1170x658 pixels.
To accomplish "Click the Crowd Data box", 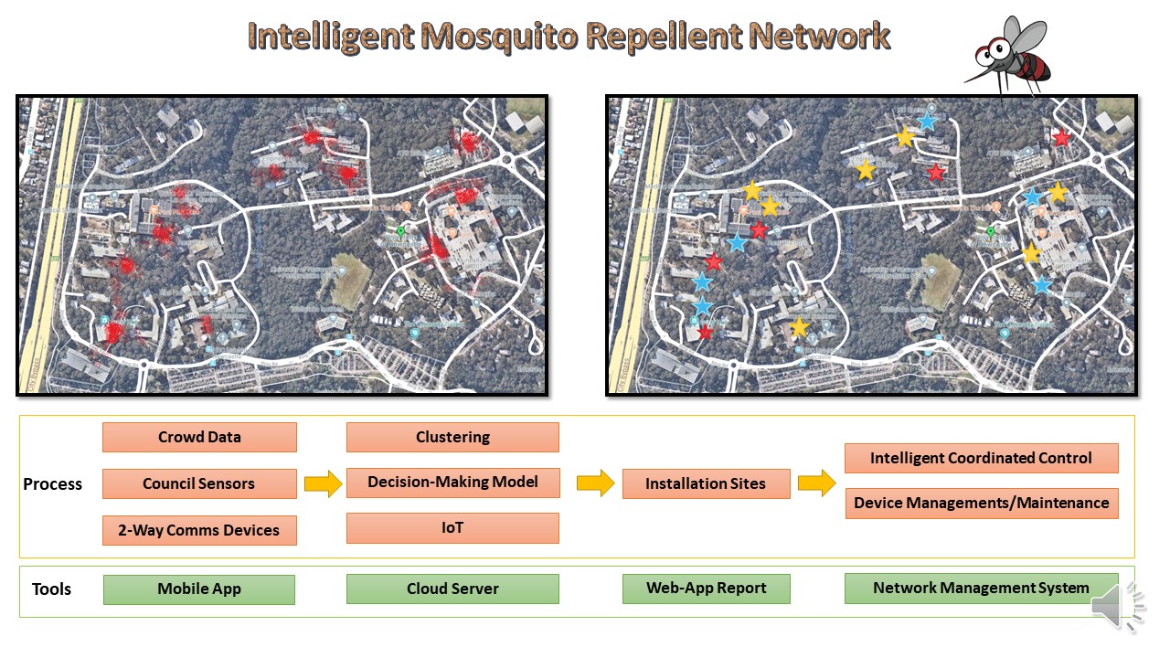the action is tap(199, 437).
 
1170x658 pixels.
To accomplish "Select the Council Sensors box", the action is tap(199, 483).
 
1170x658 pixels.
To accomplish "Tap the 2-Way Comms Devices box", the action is tap(199, 530).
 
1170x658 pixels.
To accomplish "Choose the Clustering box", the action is tap(452, 437).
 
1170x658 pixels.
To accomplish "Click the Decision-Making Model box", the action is tap(452, 482).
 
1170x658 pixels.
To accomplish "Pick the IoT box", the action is tap(452, 528).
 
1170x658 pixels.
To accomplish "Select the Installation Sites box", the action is tap(706, 483).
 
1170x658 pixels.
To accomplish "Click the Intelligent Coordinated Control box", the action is tap(981, 458).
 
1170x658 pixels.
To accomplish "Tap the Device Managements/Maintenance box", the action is tap(981, 503).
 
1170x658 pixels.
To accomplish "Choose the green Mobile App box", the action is tap(199, 589).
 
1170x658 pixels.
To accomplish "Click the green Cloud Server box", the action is tap(452, 589).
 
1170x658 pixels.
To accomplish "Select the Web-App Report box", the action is tap(706, 589).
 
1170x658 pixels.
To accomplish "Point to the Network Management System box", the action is tap(981, 589).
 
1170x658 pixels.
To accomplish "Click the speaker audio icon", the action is tap(1118, 604).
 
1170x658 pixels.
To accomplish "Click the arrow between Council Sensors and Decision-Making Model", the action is tap(322, 483).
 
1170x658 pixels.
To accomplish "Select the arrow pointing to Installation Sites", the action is tap(595, 483).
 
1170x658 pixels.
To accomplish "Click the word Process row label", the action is tap(52, 484).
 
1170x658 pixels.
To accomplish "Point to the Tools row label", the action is tap(51, 589).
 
